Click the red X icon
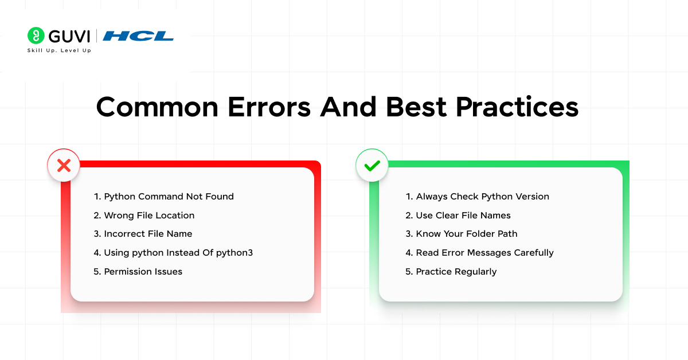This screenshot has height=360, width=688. click(64, 166)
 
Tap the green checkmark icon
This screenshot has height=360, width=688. click(372, 166)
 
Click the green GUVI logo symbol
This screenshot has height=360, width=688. click(36, 36)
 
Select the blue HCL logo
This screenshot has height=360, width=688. click(138, 36)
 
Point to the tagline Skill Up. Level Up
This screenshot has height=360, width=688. click(59, 50)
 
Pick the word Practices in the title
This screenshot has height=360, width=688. click(517, 108)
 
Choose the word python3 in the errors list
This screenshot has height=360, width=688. click(234, 253)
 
